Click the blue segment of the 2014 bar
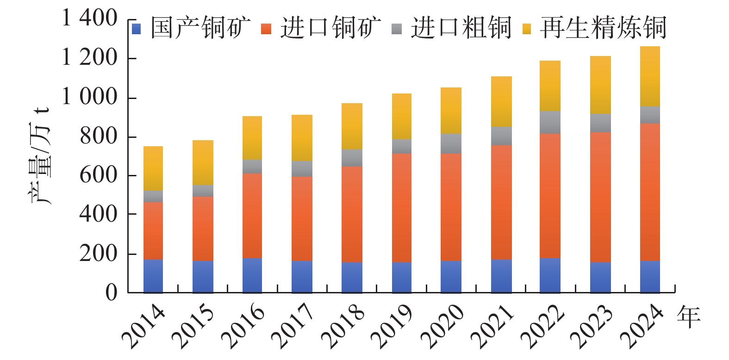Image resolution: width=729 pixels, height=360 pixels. tap(153, 276)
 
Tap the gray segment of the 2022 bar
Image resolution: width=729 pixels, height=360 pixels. tap(550, 122)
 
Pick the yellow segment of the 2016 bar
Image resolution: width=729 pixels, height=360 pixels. tap(252, 138)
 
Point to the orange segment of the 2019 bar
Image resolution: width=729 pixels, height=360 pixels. tap(401, 208)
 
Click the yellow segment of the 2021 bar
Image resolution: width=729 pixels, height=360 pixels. tap(501, 101)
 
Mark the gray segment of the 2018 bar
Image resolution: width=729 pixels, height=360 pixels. tap(352, 158)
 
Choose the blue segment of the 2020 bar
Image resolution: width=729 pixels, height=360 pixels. tap(451, 277)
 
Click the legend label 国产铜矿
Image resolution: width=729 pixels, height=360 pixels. tap(200, 28)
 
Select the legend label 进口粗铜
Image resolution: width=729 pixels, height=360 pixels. tap(461, 28)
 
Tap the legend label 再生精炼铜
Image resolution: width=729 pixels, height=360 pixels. tap(603, 28)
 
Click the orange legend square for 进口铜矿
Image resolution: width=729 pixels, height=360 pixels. tap(266, 29)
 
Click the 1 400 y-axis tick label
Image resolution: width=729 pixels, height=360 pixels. tap(90, 19)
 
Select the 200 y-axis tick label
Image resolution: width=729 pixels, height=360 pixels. tap(98, 253)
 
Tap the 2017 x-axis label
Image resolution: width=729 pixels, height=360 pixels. tap(293, 326)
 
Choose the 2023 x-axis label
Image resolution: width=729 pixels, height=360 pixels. tap(592, 326)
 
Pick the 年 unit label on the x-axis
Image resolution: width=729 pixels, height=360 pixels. tap(688, 317)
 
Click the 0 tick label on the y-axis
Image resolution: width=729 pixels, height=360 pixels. tap(111, 292)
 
